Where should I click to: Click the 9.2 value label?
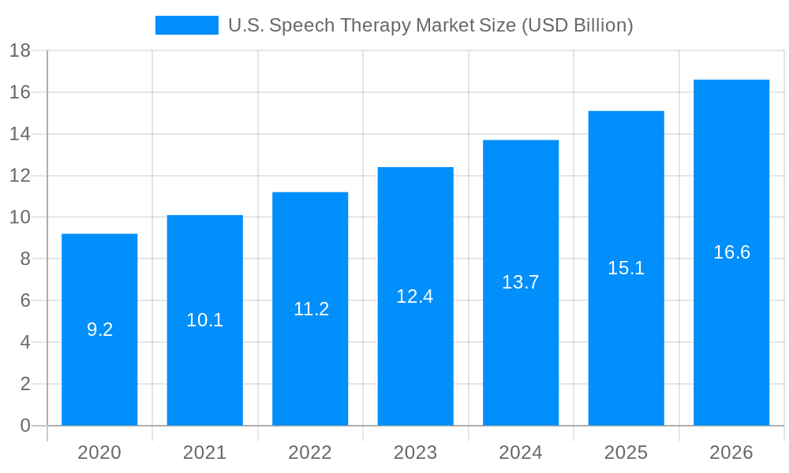click(x=99, y=330)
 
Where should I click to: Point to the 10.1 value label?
click(x=204, y=320)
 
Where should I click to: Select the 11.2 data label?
click(x=311, y=309)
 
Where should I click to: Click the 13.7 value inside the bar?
click(x=520, y=282)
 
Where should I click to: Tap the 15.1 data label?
click(x=626, y=268)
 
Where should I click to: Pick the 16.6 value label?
click(x=731, y=252)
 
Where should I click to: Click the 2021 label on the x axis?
click(x=204, y=453)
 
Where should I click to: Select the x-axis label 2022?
click(x=310, y=453)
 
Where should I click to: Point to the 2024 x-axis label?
click(x=521, y=453)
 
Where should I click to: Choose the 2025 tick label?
click(x=626, y=453)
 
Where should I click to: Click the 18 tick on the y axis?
click(x=20, y=50)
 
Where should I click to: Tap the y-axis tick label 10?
click(x=20, y=218)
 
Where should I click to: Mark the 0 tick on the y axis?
click(x=24, y=426)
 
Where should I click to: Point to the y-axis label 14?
click(x=20, y=134)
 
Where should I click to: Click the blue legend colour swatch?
click(x=187, y=25)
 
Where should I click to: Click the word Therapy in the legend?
click(x=379, y=25)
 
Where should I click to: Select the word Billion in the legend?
click(x=603, y=25)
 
